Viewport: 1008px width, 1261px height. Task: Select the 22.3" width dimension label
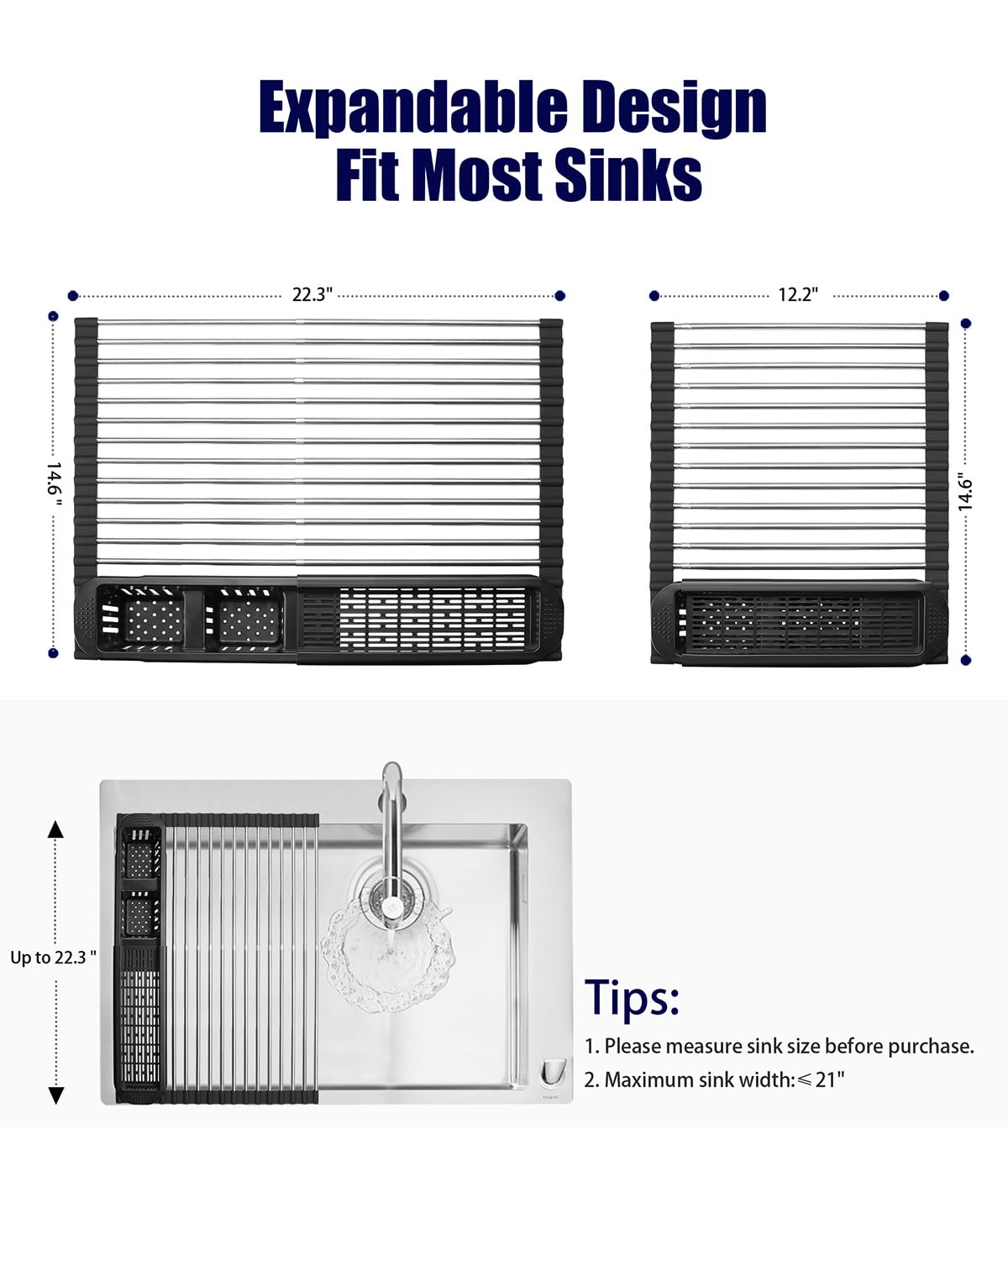tap(312, 294)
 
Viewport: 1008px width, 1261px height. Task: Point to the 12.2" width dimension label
tap(797, 294)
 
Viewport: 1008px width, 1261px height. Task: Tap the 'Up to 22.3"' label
tap(53, 958)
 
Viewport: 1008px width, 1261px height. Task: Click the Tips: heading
tap(632, 996)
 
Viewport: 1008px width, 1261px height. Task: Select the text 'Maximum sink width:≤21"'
tap(724, 1079)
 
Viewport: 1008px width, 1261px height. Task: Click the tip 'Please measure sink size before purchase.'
tap(789, 1046)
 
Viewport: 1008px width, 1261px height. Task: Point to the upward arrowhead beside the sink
tap(55, 829)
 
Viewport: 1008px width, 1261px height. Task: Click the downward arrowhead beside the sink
tap(55, 1095)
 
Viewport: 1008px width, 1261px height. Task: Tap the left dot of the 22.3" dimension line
tap(72, 296)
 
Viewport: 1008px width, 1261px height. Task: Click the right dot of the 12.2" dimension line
tap(943, 296)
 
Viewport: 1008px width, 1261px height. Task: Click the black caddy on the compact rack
tap(800, 623)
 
